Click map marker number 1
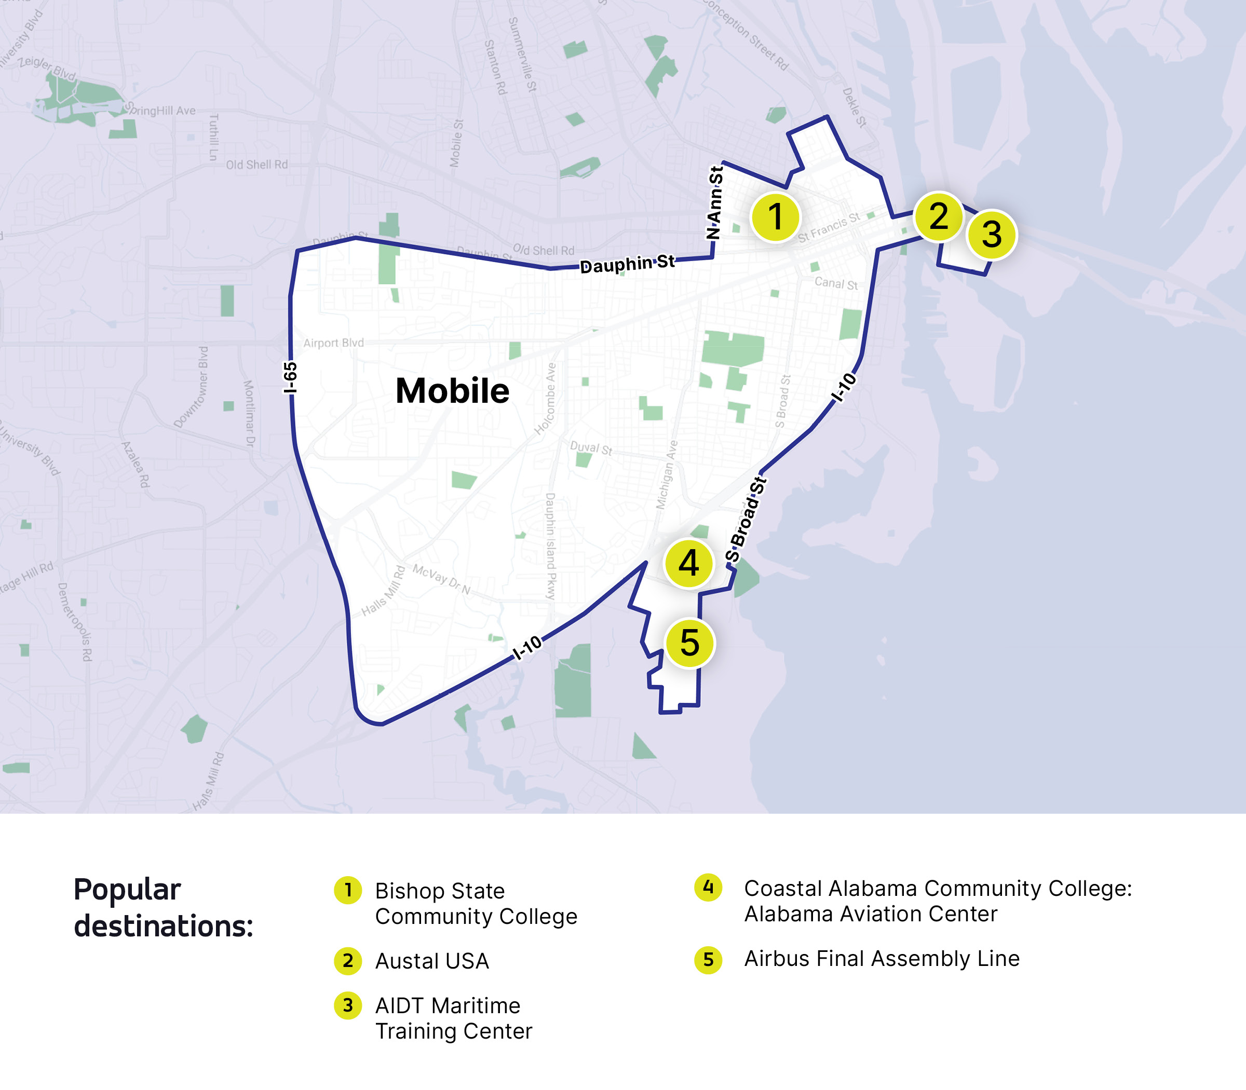pos(775,216)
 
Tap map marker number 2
pos(938,216)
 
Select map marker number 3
pos(991,234)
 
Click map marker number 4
pos(689,563)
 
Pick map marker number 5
pos(689,643)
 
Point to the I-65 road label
pos(290,377)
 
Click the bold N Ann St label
pos(715,202)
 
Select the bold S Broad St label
pos(746,519)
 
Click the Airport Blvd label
pos(333,343)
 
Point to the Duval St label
pos(591,448)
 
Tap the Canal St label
pos(836,283)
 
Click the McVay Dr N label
pos(442,579)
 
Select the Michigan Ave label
pos(667,475)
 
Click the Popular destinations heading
pos(163,907)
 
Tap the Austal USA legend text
pos(432,961)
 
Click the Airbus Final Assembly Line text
pos(882,959)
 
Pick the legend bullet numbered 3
pos(348,1005)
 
